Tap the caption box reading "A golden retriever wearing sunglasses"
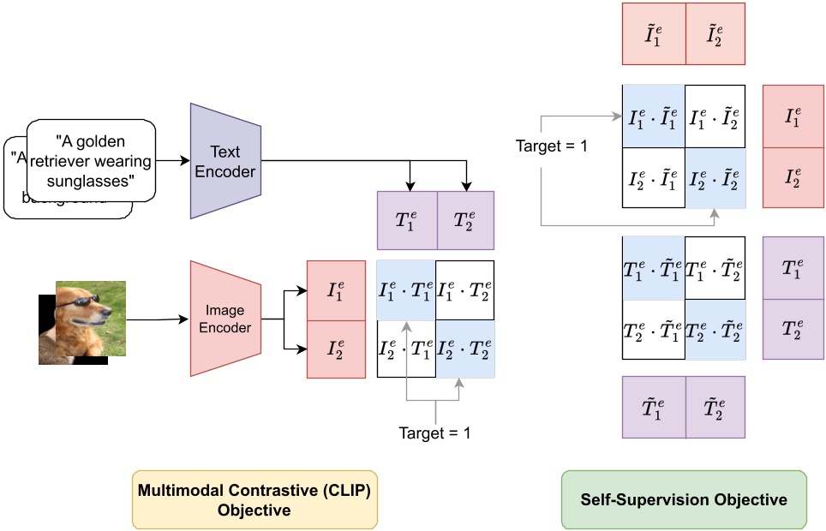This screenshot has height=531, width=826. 93,160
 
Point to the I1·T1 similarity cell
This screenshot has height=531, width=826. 406,289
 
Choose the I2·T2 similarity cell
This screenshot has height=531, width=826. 465,348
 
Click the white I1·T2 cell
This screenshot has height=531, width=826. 465,289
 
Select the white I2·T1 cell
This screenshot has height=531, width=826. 406,348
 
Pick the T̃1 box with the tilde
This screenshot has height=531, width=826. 655,407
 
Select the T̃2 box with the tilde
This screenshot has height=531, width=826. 715,407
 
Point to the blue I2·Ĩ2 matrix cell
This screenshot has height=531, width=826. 715,177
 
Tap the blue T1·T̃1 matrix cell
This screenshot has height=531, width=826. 654,266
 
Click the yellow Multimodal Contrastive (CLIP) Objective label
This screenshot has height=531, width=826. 255,498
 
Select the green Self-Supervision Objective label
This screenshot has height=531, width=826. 683,498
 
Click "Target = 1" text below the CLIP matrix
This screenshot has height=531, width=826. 434,433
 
